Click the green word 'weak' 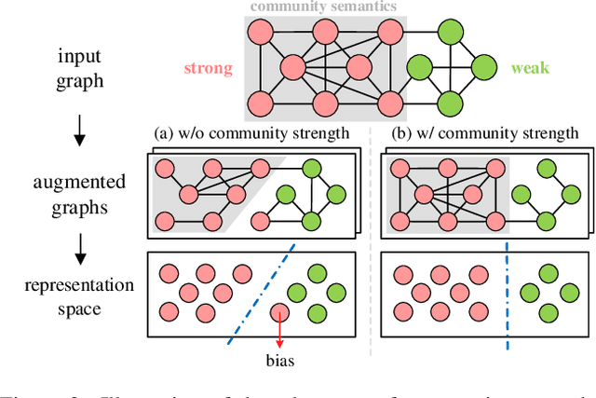click(531, 69)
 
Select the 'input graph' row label click(79, 69)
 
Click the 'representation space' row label click(79, 295)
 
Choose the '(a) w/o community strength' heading click(251, 132)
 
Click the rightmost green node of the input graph click(484, 69)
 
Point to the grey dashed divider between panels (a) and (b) click(371, 242)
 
